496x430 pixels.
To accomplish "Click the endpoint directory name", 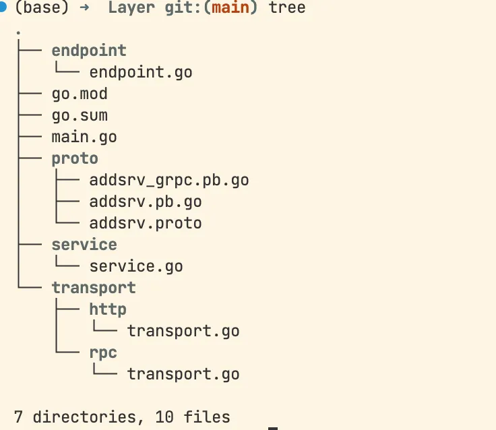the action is click(x=89, y=51).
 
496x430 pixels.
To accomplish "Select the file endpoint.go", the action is click(x=141, y=73).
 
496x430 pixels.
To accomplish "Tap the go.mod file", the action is click(x=80, y=94).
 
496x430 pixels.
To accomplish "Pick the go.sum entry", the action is click(x=80, y=115).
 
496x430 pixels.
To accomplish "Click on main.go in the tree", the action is click(x=84, y=137).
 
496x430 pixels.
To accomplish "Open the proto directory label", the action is click(x=75, y=158).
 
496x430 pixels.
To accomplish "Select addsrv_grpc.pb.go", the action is click(x=169, y=181).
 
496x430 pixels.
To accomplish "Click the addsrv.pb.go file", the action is click(x=146, y=202).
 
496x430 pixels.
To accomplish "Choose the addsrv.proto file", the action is click(x=146, y=223).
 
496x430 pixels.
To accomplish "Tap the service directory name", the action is click(x=84, y=245).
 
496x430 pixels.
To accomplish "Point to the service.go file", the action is click(x=136, y=266).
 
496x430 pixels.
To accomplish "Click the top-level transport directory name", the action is click(x=94, y=288).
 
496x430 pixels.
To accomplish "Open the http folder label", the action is click(x=108, y=309).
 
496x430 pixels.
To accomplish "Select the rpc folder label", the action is click(x=103, y=353).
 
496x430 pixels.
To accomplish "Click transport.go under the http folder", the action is click(x=183, y=332).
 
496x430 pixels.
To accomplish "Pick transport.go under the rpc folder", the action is click(x=183, y=374).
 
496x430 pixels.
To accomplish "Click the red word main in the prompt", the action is click(x=230, y=7).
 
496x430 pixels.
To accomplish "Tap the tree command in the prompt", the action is click(x=287, y=7).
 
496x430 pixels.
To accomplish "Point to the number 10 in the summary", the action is click(x=164, y=417).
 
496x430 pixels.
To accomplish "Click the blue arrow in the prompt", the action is click(x=84, y=7).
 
